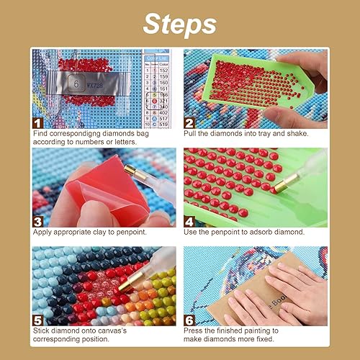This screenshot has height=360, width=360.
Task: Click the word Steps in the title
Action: click(x=179, y=23)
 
